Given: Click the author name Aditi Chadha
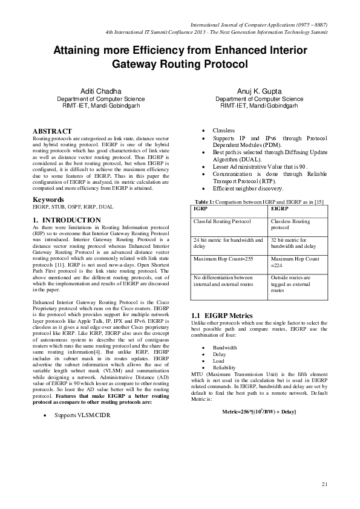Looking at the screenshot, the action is (100, 91).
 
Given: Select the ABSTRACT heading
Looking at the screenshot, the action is (52, 131).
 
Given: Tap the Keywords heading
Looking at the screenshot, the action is (48, 199).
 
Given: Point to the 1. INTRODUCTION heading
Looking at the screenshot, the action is (67, 220).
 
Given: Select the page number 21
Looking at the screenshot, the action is (324, 484).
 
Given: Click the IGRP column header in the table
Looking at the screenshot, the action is (199, 225).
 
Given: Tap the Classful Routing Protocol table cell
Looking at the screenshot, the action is (221, 239).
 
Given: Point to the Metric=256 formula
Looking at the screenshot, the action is (259, 412).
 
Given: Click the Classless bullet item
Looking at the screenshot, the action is (224, 131).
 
